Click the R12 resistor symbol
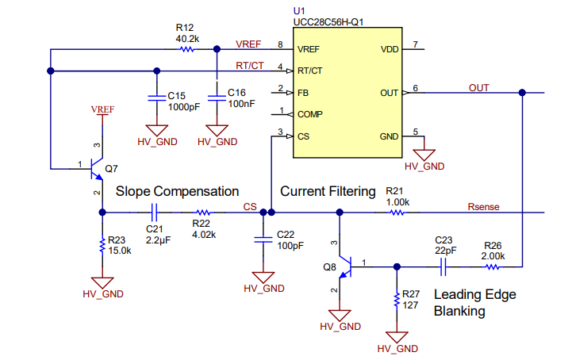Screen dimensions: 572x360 pyautogui.click(x=187, y=49)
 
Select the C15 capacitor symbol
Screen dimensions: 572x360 pyautogui.click(x=157, y=98)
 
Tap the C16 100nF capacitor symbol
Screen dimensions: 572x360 pyautogui.click(x=217, y=98)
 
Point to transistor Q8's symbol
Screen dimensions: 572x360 pyautogui.click(x=345, y=267)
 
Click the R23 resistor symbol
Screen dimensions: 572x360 pyautogui.click(x=102, y=246)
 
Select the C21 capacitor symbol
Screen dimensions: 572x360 pyautogui.click(x=155, y=213)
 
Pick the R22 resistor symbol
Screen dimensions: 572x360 pyautogui.click(x=203, y=213)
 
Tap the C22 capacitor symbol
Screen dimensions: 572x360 pyautogui.click(x=263, y=239)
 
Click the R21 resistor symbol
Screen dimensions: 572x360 pyautogui.click(x=397, y=213)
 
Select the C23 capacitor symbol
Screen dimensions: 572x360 pyautogui.click(x=443, y=267)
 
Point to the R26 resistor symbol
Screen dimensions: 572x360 pyautogui.click(x=492, y=267)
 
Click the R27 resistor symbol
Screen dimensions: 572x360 pyautogui.click(x=397, y=300)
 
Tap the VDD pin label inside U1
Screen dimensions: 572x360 pyautogui.click(x=390, y=49)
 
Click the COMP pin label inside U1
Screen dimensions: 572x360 pyautogui.click(x=310, y=114)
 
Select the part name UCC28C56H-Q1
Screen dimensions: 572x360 pyautogui.click(x=328, y=22)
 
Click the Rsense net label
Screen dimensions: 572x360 pyautogui.click(x=483, y=207)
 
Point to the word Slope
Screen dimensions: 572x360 pyautogui.click(x=132, y=191)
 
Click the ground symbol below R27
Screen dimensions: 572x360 pyautogui.click(x=397, y=337)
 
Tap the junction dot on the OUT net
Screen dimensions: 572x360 pyautogui.click(x=522, y=93)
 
